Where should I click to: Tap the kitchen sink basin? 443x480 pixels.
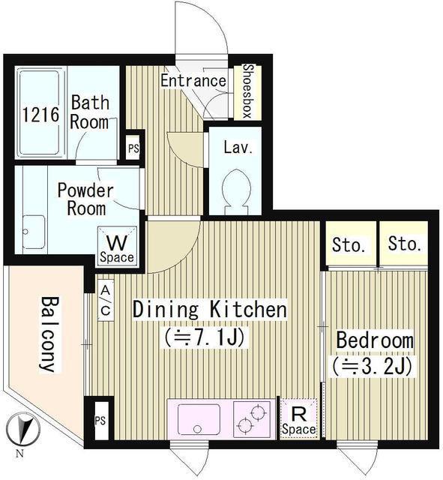click(x=199, y=419)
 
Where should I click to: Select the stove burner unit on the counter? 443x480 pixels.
click(x=252, y=419)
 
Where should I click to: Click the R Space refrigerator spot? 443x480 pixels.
click(x=298, y=419)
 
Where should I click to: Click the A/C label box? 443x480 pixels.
click(x=106, y=300)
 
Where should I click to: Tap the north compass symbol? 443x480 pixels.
click(x=23, y=430)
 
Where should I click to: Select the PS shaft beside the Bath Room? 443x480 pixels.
click(x=133, y=148)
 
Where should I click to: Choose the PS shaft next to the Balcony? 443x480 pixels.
click(x=100, y=421)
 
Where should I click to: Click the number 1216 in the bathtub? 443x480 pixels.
click(x=40, y=115)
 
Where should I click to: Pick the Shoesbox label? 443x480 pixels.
click(x=248, y=91)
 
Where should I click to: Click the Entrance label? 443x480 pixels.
click(x=193, y=81)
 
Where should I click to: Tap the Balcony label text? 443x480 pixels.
click(x=50, y=334)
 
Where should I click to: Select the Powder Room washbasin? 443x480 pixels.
click(x=33, y=232)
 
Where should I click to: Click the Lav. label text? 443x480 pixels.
click(x=238, y=148)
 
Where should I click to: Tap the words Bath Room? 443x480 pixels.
click(x=90, y=112)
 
